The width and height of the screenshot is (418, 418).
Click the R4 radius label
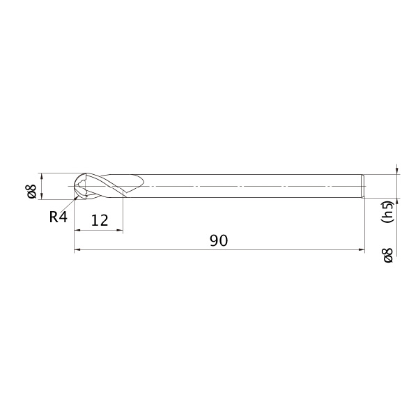[x=59, y=217]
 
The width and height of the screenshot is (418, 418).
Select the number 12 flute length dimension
[x=100, y=220]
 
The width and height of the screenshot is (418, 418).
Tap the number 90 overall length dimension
[x=219, y=240]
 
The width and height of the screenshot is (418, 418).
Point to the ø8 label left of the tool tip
[x=31, y=191]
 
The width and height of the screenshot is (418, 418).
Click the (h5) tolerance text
[x=387, y=212]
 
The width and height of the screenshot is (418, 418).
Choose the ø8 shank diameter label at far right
[x=388, y=255]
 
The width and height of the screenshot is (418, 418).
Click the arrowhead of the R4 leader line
[x=77, y=197]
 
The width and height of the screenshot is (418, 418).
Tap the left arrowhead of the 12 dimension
[x=77, y=230]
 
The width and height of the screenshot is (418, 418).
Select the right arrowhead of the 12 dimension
[x=120, y=230]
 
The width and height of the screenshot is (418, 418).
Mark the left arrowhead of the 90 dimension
[x=77, y=250]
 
